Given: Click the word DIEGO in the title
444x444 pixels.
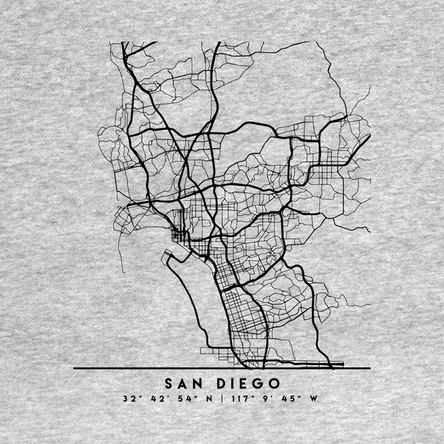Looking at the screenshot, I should click(247, 385).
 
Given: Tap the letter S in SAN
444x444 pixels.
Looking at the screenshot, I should click(170, 385).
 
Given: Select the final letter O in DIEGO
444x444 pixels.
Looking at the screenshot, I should click(273, 385).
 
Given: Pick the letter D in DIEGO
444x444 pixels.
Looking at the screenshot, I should click(221, 385).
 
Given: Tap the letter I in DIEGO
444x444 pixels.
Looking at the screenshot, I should click(233, 385).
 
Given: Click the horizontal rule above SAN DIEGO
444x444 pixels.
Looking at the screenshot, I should click(222, 368).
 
